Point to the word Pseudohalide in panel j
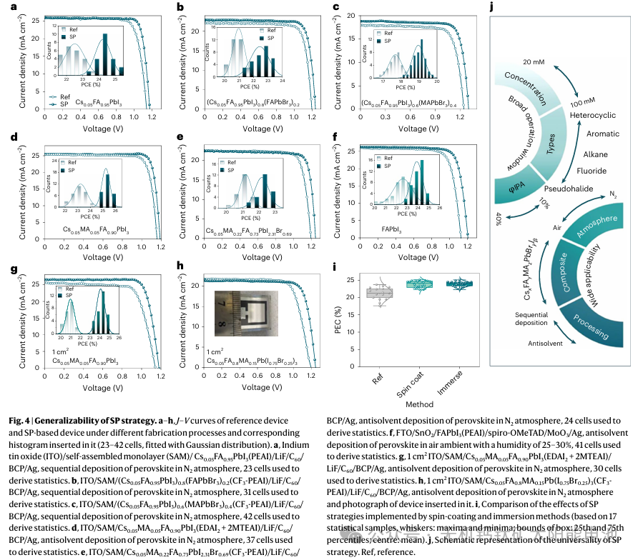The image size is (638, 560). coord(566,189)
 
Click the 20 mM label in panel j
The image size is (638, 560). coord(534,63)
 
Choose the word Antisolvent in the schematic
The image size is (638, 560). coord(547,344)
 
